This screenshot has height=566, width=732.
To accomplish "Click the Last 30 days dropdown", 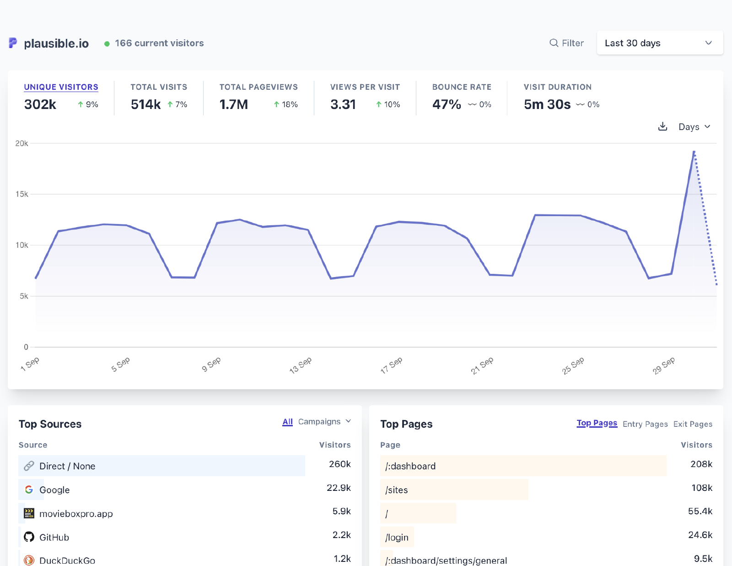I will (x=659, y=43).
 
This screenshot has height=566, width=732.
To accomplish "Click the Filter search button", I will (x=566, y=43).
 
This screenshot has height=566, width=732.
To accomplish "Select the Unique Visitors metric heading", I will (x=61, y=87).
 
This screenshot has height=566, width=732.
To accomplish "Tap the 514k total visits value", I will (x=145, y=104).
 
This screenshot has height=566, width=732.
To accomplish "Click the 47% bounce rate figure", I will (x=447, y=104).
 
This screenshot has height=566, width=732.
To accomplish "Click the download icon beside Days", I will (x=662, y=126).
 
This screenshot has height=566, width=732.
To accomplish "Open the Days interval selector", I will (x=694, y=127).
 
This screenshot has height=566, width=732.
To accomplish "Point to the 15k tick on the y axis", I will (x=22, y=194).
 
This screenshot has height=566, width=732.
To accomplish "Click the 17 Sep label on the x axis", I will (x=392, y=365).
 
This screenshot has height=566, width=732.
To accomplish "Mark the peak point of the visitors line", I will (x=694, y=152).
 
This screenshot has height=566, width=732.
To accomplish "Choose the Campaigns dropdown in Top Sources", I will (x=324, y=421).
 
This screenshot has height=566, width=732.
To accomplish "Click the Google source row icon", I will (x=29, y=490).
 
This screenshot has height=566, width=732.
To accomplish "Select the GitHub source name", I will (x=54, y=537).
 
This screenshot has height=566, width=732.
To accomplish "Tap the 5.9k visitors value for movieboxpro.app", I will (x=341, y=512).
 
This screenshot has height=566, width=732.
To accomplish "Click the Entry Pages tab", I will (x=645, y=424).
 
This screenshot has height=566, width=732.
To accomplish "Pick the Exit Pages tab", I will (x=693, y=424).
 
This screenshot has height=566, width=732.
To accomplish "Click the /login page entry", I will (x=397, y=537).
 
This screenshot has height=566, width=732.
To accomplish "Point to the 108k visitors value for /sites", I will (x=702, y=488).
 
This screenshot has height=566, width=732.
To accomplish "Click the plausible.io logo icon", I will (x=13, y=43).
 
